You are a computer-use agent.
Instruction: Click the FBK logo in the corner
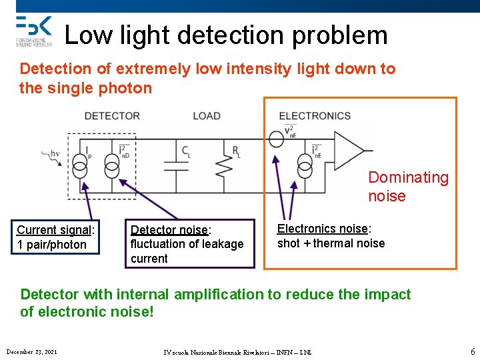33,31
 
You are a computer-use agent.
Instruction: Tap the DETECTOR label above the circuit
112,116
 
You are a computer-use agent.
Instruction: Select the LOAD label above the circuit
207,116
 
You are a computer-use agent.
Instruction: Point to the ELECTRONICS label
315,116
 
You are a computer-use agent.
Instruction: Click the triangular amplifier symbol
349,151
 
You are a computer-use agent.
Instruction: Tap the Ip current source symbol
79,165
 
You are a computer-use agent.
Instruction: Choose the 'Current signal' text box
56,237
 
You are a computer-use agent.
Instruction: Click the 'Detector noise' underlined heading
169,230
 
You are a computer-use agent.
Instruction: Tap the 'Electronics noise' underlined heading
323,229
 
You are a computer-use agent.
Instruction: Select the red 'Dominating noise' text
408,187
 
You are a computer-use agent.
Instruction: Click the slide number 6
473,351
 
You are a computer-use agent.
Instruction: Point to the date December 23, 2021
31,351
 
